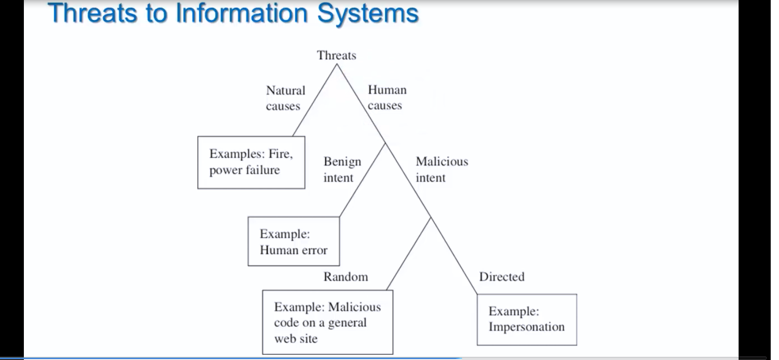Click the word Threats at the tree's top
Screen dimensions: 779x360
[x=336, y=56]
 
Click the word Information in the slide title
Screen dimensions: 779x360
[x=241, y=13]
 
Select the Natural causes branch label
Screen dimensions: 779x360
[x=285, y=98]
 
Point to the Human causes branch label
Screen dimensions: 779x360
[x=387, y=97]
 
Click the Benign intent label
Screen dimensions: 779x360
[x=342, y=170]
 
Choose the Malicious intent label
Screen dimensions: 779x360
[x=442, y=170]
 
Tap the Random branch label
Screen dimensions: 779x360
[x=346, y=277]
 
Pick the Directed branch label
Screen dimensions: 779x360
[x=502, y=277]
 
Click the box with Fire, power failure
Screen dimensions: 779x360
[x=251, y=162]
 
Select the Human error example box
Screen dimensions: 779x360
[x=294, y=242]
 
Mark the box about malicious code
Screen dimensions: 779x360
[x=328, y=322]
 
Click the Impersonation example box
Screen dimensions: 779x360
[x=527, y=320]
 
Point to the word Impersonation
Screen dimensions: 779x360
[x=526, y=326]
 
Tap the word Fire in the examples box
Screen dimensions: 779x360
[x=280, y=154]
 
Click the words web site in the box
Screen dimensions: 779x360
[x=296, y=339]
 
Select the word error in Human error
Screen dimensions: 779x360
[x=315, y=250]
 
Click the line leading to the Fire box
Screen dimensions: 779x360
[x=315, y=100]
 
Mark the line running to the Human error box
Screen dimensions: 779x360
[x=362, y=180]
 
